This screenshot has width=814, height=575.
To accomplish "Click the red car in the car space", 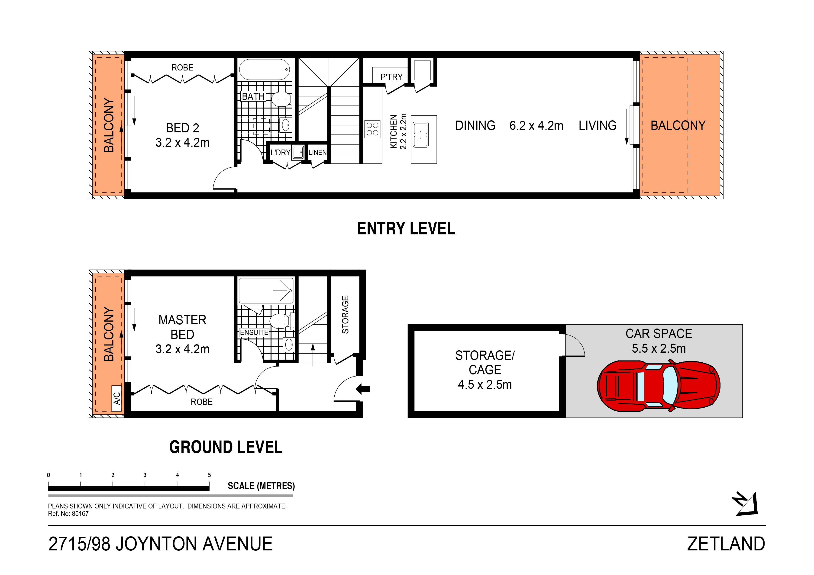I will (658, 386).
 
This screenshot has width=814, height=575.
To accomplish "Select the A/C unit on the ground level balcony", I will (116, 398).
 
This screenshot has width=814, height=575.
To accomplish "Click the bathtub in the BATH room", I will (265, 69).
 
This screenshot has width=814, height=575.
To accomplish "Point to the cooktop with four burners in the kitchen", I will (372, 129).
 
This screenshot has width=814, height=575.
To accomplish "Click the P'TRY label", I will (391, 77).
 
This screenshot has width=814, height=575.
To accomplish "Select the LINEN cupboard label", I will (317, 152).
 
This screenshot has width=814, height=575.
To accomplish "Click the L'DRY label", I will (280, 152).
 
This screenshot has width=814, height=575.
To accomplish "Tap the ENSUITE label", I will (254, 332).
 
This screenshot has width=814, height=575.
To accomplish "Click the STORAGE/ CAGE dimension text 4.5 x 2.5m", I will (485, 385).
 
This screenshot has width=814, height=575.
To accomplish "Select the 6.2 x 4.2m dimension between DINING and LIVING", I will (536, 125).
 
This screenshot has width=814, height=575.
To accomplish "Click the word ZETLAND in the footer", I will (726, 544).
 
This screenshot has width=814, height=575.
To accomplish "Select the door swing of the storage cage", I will (574, 346).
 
